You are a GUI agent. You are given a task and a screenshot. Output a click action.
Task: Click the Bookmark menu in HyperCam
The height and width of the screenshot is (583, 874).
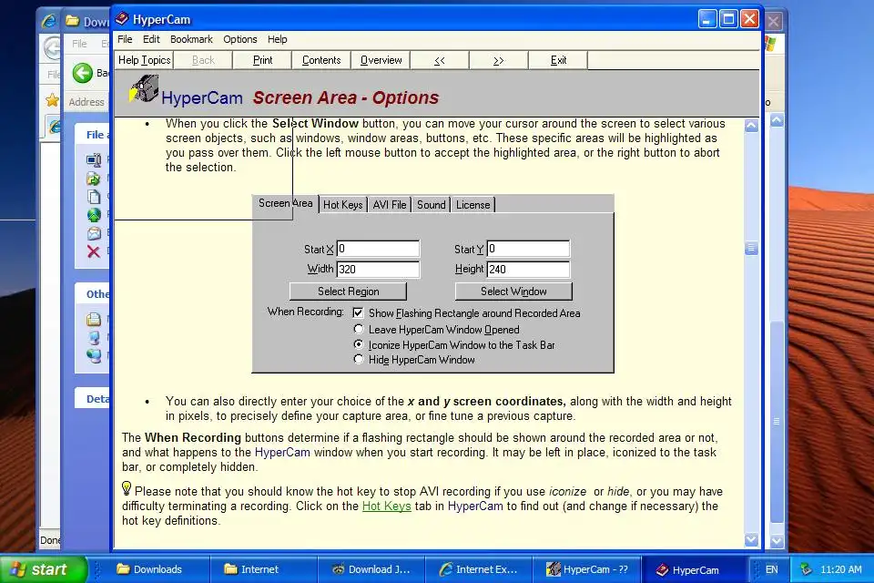(x=191, y=39)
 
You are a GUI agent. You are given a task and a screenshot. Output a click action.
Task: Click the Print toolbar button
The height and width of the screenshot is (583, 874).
(x=262, y=60)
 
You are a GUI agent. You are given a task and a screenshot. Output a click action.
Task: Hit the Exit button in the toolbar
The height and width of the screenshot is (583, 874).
(x=558, y=60)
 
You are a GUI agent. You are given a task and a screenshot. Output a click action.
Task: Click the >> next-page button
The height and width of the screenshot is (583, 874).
(x=499, y=60)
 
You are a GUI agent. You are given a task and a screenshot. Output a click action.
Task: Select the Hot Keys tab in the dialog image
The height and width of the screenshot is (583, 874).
(x=343, y=205)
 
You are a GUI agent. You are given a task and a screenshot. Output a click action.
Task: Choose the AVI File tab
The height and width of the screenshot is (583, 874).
(x=390, y=205)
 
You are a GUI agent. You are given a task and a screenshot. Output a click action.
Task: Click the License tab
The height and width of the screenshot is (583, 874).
(x=473, y=205)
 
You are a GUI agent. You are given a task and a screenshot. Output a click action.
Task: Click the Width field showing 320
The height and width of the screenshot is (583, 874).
(x=378, y=269)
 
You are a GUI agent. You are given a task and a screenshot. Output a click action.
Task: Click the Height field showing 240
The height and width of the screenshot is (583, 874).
(x=528, y=269)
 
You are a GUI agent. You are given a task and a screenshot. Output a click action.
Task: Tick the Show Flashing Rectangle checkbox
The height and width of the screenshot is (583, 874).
(x=359, y=312)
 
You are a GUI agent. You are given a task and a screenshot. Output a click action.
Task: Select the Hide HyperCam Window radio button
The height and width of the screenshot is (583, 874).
(x=359, y=360)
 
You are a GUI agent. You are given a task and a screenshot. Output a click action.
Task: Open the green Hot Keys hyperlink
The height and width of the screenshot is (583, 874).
(x=386, y=506)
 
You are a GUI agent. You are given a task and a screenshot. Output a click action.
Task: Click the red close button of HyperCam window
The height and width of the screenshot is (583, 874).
(x=749, y=19)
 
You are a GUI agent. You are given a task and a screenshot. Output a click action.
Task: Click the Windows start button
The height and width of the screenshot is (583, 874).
(x=43, y=569)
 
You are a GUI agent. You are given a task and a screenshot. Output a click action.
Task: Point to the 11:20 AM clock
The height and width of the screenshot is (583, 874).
(x=840, y=569)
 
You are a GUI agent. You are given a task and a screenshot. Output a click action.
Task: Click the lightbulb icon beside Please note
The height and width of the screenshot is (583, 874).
(x=127, y=489)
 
